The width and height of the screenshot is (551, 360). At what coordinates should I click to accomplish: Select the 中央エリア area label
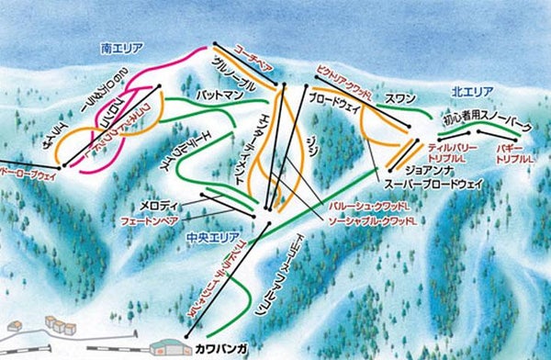[206, 235]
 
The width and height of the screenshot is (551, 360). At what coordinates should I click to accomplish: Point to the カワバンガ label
[219, 349]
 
